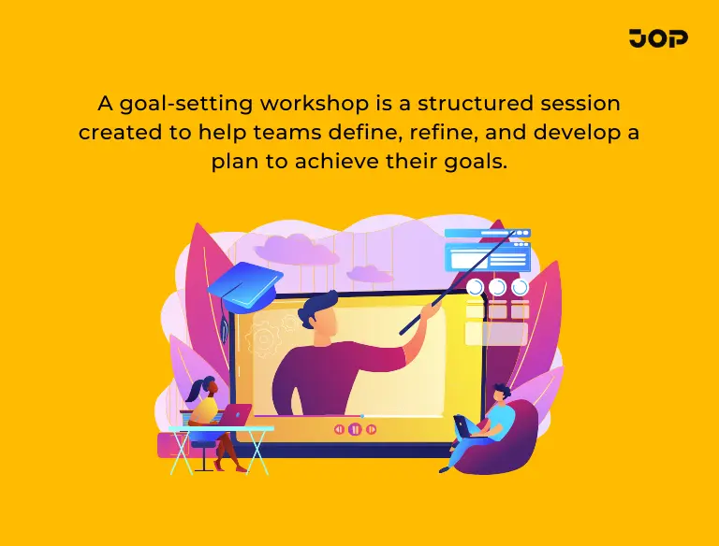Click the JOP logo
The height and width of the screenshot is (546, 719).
pos(658,38)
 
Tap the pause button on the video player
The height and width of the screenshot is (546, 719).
pos(355,429)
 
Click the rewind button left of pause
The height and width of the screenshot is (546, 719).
pos(339,429)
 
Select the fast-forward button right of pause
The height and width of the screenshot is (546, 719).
pos(371,429)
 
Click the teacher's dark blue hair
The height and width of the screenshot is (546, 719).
pos(322,305)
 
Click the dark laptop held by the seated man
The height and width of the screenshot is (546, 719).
pos(463,426)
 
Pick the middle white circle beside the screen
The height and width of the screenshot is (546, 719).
pos(497,287)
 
